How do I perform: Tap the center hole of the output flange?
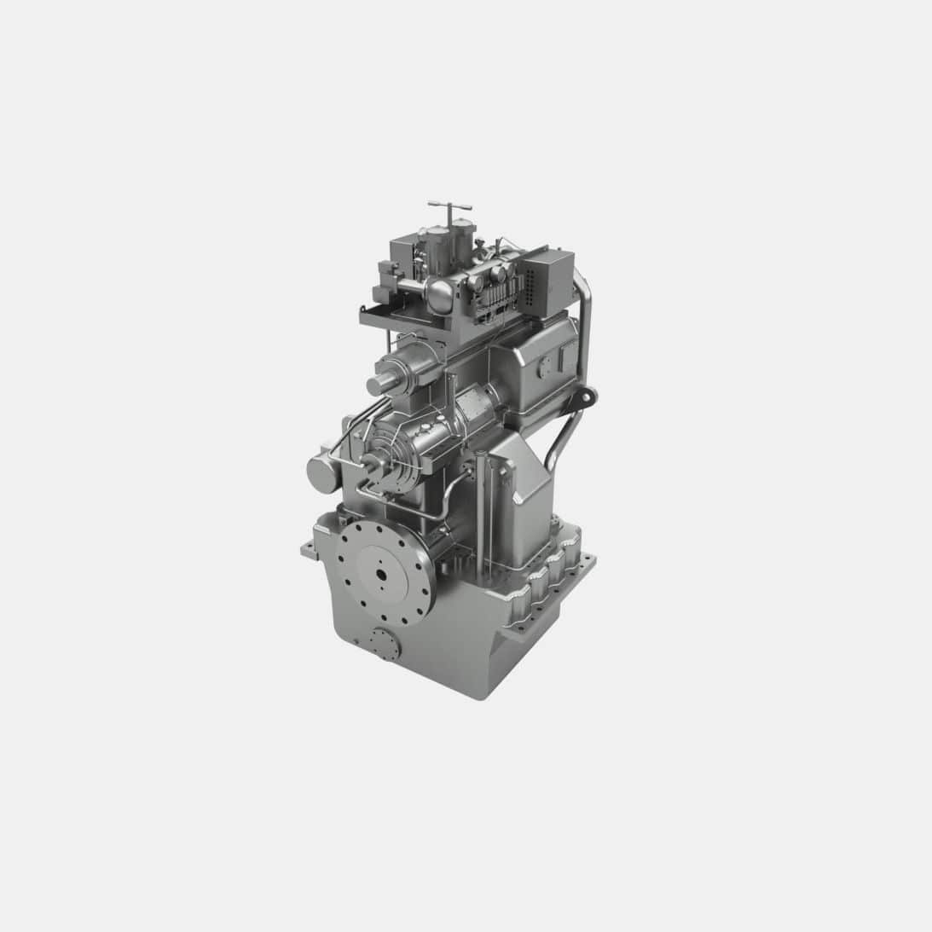point(379,572)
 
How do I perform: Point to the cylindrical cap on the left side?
point(321,472)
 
